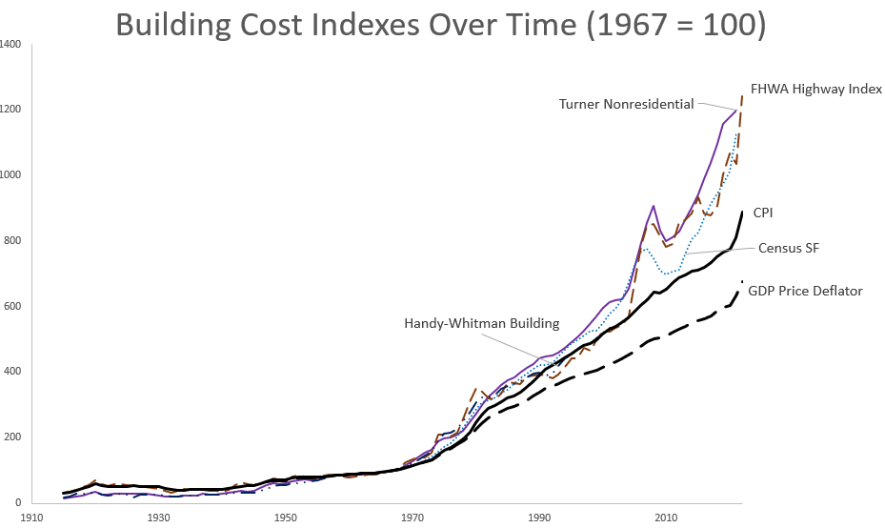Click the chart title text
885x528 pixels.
click(x=440, y=26)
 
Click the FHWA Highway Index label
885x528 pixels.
click(x=816, y=90)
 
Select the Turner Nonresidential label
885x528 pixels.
click(x=626, y=103)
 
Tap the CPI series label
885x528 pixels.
click(x=763, y=213)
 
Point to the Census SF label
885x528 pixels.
click(x=789, y=248)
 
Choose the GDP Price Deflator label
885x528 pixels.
click(x=804, y=291)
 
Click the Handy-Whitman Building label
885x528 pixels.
click(x=481, y=323)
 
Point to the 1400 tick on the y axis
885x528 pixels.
click(x=11, y=44)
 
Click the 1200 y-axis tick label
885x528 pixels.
click(x=11, y=110)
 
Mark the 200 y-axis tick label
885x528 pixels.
click(x=13, y=437)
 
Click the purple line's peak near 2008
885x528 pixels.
click(x=654, y=206)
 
